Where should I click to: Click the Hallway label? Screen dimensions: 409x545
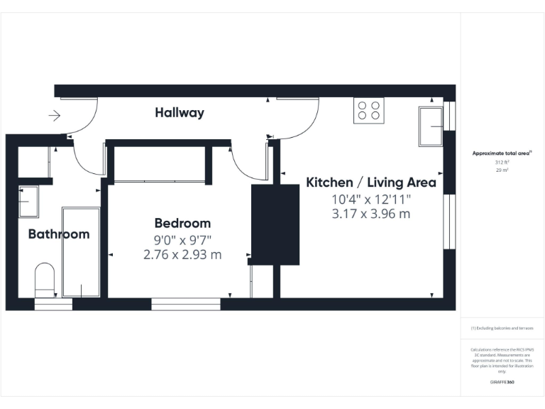pos(180,112)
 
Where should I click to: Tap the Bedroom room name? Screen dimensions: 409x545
pos(182,223)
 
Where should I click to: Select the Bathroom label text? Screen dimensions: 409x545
pos(59,234)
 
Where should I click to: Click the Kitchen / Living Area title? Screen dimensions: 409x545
pos(370,182)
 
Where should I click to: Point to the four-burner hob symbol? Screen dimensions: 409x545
pos(368,110)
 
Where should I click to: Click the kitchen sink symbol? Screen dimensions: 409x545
pos(431,126)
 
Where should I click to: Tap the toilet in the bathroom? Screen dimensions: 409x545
pos(44,280)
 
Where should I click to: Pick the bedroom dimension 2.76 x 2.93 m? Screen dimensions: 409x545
pos(182,253)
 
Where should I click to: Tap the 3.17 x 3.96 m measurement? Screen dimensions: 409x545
pos(370,214)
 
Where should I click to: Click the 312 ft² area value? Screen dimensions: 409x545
pos(502,163)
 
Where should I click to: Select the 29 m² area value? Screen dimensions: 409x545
pos(502,170)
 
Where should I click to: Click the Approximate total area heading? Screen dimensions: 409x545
pos(501,153)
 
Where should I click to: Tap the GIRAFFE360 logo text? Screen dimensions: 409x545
pos(502,382)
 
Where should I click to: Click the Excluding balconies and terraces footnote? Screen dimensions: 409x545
pos(502,328)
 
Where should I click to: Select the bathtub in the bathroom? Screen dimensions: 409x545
pos(81,252)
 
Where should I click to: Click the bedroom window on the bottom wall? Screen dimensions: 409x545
pos(186,304)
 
